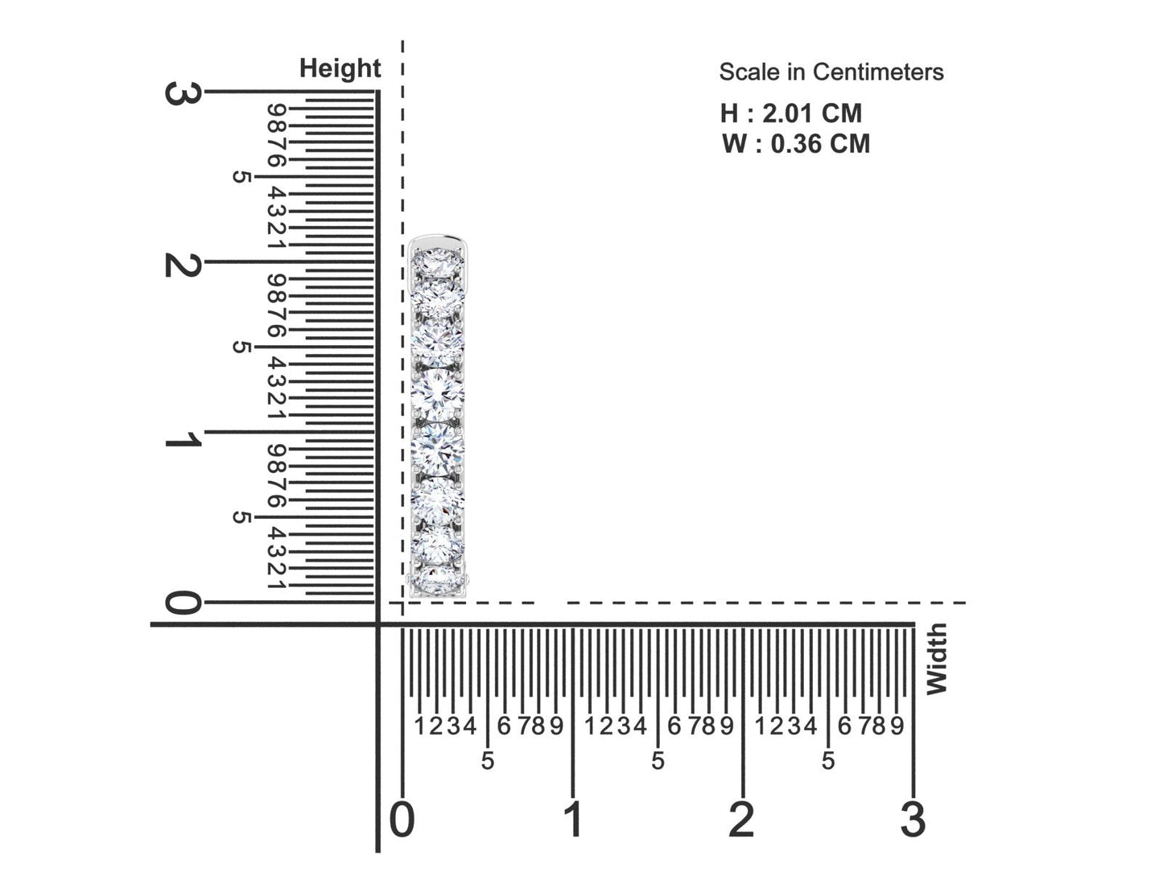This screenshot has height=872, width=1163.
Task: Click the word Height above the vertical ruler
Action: (x=340, y=69)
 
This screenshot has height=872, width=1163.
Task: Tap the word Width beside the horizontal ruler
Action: (x=936, y=659)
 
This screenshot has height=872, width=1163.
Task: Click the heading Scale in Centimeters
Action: (x=831, y=72)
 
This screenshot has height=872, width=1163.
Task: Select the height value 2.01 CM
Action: (x=812, y=113)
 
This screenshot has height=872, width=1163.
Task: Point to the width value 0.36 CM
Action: (x=820, y=144)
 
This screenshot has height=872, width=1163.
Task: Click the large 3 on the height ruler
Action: (x=183, y=93)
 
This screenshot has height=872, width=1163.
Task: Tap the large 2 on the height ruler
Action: (x=183, y=264)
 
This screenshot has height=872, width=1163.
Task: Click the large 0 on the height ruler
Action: (x=183, y=603)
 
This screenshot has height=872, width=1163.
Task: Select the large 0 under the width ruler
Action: (x=402, y=819)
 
